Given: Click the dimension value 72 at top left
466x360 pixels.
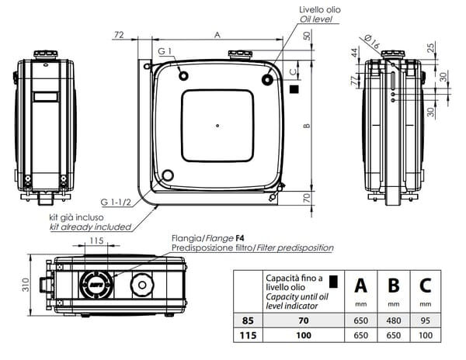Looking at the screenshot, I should [119, 35].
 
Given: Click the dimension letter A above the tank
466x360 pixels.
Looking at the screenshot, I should [217, 34].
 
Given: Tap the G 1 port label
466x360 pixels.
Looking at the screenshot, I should [164, 51].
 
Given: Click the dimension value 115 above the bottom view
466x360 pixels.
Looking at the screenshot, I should [96, 242].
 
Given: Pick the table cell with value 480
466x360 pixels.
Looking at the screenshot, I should [393, 319].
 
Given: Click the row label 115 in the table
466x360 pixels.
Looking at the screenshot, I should [248, 334].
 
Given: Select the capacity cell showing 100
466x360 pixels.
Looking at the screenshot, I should [304, 334].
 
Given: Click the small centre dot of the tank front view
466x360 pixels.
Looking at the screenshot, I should [217, 126].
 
